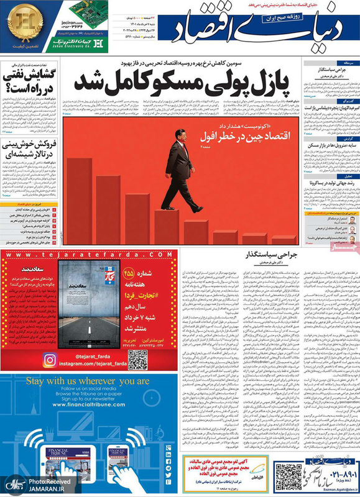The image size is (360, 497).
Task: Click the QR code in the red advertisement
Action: click(x=137, y=359)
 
